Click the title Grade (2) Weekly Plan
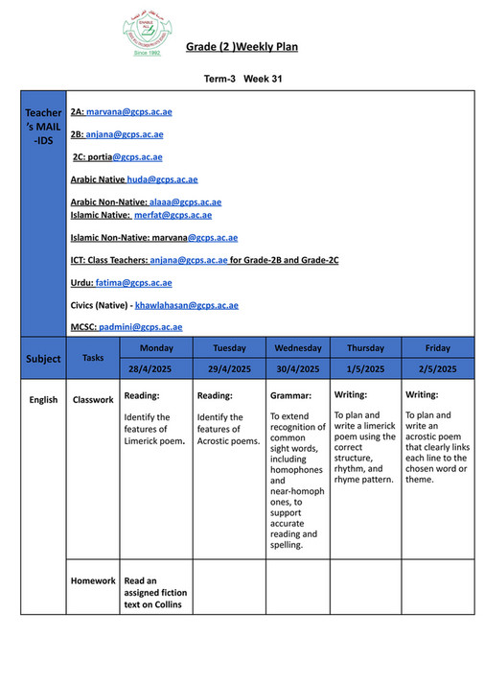point(243,46)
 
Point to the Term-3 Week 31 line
point(242,78)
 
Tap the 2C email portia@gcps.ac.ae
point(131,156)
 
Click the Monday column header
point(155,347)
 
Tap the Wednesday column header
point(297,347)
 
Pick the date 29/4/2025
point(228,368)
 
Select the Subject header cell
point(43,359)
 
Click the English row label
point(43,399)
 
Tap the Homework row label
point(93,580)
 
